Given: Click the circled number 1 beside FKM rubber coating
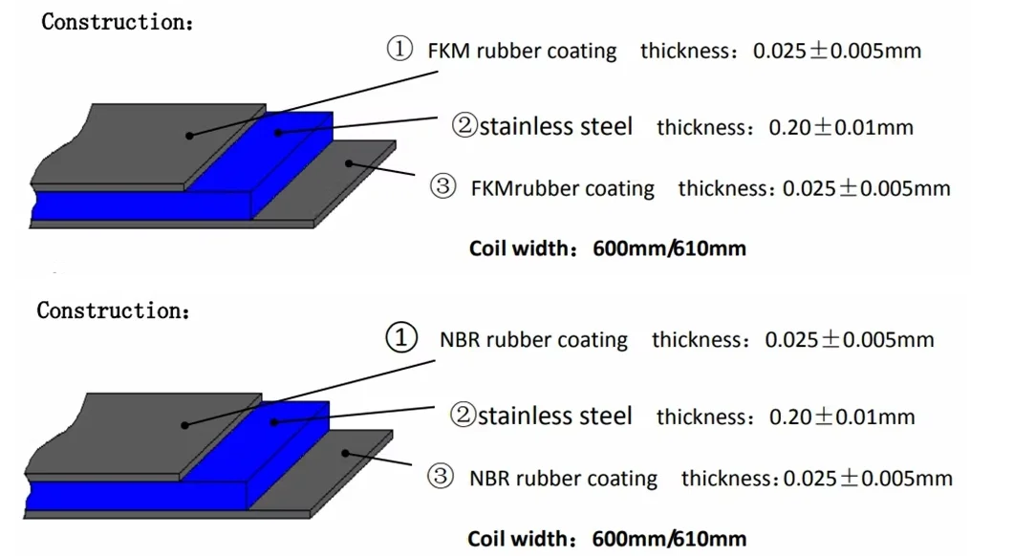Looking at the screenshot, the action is [399, 50].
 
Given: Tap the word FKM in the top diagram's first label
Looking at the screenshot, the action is [448, 51].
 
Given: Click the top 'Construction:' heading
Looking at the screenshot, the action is [117, 22].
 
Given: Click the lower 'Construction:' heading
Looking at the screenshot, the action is [113, 310].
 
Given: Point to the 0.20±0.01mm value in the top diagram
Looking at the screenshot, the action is [841, 127].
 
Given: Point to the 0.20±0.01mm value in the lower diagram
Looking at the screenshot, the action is [842, 417].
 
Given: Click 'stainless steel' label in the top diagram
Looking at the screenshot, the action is [555, 126].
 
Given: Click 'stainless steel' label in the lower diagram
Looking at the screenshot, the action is [554, 416].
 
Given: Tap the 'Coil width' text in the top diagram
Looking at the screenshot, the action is [520, 248].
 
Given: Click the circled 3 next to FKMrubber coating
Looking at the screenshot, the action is [443, 186].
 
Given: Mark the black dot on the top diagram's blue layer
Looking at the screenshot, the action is [279, 132].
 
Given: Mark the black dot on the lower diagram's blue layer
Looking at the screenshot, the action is [273, 420].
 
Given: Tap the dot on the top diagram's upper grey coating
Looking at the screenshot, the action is [189, 136].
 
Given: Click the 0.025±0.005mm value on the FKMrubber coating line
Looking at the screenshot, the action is [866, 188].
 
